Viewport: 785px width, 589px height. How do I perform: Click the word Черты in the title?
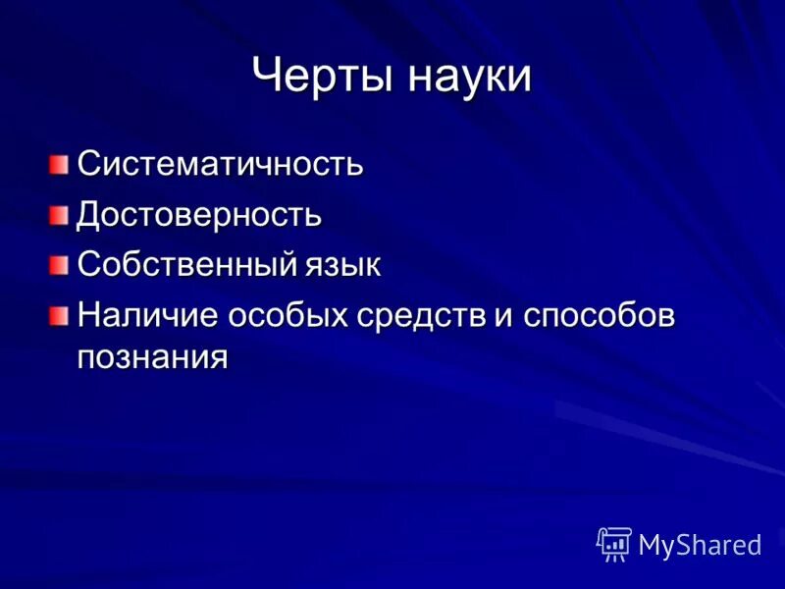tap(319, 76)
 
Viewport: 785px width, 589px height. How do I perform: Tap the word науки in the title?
tap(466, 76)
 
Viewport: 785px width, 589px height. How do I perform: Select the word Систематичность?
tap(220, 162)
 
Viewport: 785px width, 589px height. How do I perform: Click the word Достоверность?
tap(199, 213)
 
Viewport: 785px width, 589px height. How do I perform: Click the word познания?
tap(152, 355)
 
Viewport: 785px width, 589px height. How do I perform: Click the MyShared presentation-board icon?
tap(614, 543)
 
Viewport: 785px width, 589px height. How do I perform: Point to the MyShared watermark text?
tap(700, 545)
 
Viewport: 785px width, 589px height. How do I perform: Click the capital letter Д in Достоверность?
tap(89, 213)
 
